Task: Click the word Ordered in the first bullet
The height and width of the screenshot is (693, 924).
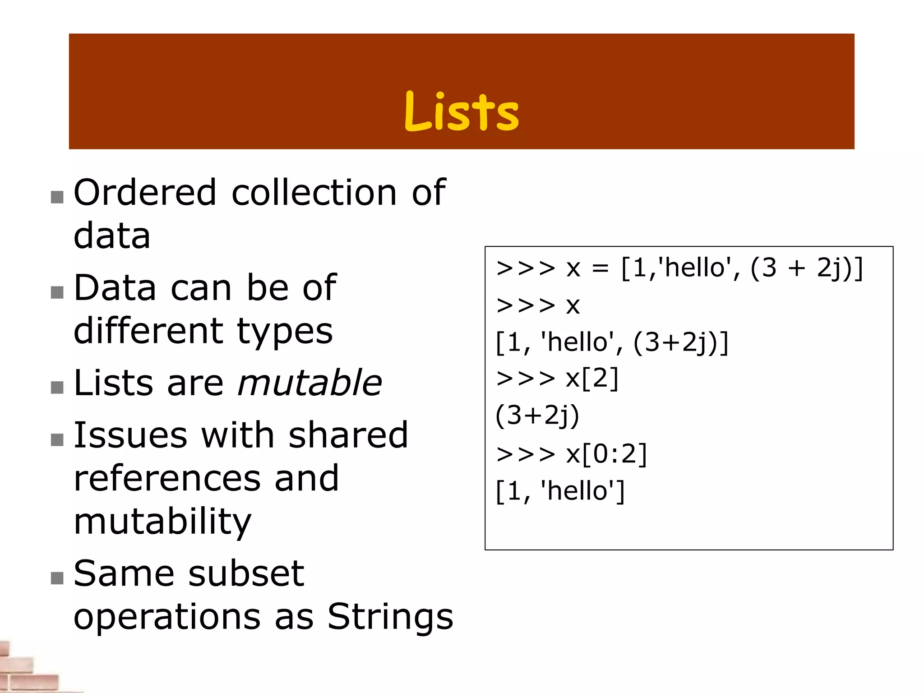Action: tap(145, 193)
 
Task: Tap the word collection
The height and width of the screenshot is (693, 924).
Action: tap(314, 193)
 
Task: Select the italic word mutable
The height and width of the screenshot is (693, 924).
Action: tap(310, 383)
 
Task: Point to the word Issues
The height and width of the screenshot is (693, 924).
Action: tap(130, 435)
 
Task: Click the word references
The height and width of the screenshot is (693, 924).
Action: tap(166, 478)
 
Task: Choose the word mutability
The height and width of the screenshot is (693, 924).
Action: tap(162, 522)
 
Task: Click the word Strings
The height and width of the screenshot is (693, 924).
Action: tap(390, 617)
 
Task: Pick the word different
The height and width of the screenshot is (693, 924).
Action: tap(148, 331)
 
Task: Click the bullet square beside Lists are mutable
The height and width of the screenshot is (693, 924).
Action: tap(57, 388)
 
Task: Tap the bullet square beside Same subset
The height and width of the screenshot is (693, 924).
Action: tap(57, 578)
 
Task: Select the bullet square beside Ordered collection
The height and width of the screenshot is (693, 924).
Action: tap(57, 197)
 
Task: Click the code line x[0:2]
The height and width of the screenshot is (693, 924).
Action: tap(606, 454)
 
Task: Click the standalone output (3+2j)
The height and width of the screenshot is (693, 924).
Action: tap(537, 416)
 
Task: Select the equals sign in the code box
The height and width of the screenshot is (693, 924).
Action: tap(600, 269)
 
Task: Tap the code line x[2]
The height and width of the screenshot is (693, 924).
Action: tap(592, 379)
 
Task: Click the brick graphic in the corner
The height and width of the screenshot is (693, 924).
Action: tap(27, 668)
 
